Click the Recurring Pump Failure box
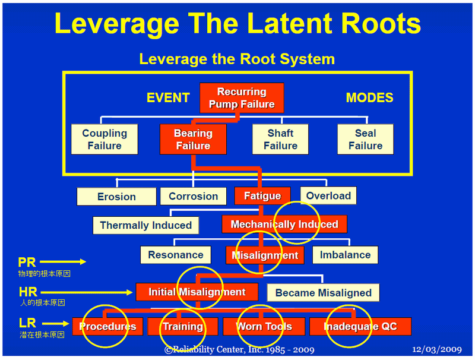pos(242,98)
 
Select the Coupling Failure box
pos(104,139)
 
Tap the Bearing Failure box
pos(193,139)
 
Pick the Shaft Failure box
pos(280,139)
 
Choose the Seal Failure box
pos(365,139)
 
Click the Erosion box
pos(116,197)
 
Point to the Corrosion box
pos(193,196)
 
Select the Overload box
pos(328,195)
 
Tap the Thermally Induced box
pos(145,225)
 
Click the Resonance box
pos(175,255)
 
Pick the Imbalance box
pos(345,255)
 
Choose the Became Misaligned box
pos(323,292)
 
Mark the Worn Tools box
pos(264,326)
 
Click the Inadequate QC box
pos(360,326)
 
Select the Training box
pos(183,326)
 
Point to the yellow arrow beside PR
pos(63,261)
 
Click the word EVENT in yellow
pos(168,98)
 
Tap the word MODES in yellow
pos(369,98)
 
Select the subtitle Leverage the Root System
pos(237,59)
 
